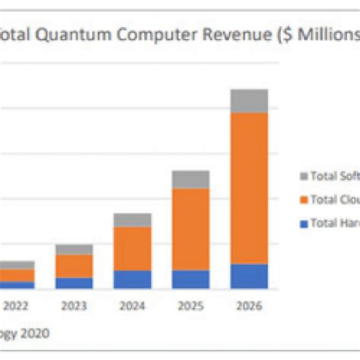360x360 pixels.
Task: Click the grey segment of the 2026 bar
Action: pos(249,101)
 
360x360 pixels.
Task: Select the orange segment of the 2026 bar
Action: pos(249,188)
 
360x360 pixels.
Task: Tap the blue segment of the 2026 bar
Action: pos(249,276)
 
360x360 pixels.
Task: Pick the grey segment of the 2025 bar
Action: pos(191,179)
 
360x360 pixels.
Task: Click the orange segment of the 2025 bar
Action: pos(191,229)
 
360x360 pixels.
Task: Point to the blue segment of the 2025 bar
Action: pos(191,279)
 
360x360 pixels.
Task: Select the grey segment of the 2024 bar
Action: pos(132,220)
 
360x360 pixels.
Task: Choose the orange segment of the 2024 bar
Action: pos(132,248)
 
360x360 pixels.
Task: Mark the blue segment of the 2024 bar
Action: pos(132,279)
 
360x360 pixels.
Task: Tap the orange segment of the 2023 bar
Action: pos(74,266)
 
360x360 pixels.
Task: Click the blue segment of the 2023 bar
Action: pos(74,283)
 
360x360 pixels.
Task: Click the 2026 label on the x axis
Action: pos(249,307)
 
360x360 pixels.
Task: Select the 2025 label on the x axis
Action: pos(191,307)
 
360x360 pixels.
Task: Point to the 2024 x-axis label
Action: pos(132,307)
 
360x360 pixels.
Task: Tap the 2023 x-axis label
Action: pos(74,307)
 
